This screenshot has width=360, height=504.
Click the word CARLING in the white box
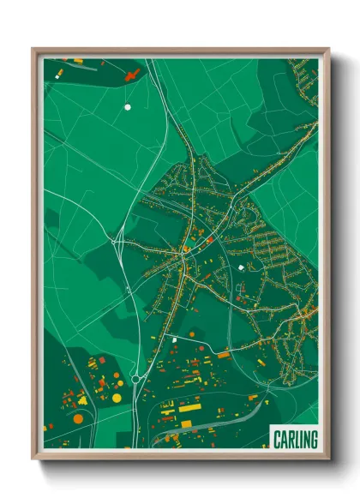pyautogui.click(x=294, y=439)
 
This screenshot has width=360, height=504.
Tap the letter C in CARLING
pyautogui.click(x=277, y=439)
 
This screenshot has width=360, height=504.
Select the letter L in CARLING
pyautogui.click(x=294, y=439)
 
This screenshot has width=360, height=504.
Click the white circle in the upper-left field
pyautogui.click(x=128, y=107)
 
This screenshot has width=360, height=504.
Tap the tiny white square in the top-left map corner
pyautogui.click(x=57, y=75)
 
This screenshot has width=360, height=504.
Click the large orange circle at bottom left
pyautogui.click(x=78, y=418)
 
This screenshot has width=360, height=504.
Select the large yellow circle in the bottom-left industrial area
pyautogui.click(x=117, y=397)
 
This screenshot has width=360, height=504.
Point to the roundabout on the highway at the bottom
pyautogui.click(x=135, y=378)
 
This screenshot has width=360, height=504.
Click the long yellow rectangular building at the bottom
pyautogui.click(x=189, y=408)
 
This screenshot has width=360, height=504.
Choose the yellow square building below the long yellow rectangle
pyautogui.click(x=186, y=423)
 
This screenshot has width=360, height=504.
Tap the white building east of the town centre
pyautogui.click(x=241, y=267)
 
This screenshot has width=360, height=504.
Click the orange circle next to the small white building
pyautogui.click(x=191, y=333)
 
